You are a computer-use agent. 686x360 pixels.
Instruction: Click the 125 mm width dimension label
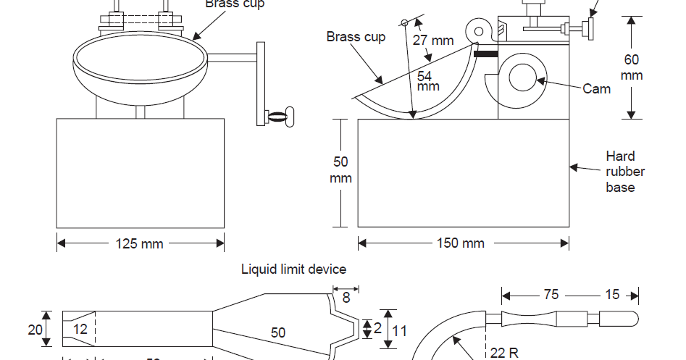140,243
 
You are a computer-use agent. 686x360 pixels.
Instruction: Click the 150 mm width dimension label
461,243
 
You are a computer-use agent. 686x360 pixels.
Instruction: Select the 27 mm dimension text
433,41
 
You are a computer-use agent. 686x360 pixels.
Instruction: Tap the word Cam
596,89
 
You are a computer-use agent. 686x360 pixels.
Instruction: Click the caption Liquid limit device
293,269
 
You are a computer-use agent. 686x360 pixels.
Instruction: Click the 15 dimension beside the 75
612,296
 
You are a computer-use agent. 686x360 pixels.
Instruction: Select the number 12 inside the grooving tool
80,330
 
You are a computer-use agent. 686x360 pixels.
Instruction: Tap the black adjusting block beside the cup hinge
485,53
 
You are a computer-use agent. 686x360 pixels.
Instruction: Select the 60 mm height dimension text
631,67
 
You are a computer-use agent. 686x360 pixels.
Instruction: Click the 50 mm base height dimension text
340,169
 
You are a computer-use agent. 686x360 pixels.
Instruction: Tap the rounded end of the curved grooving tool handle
627,318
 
